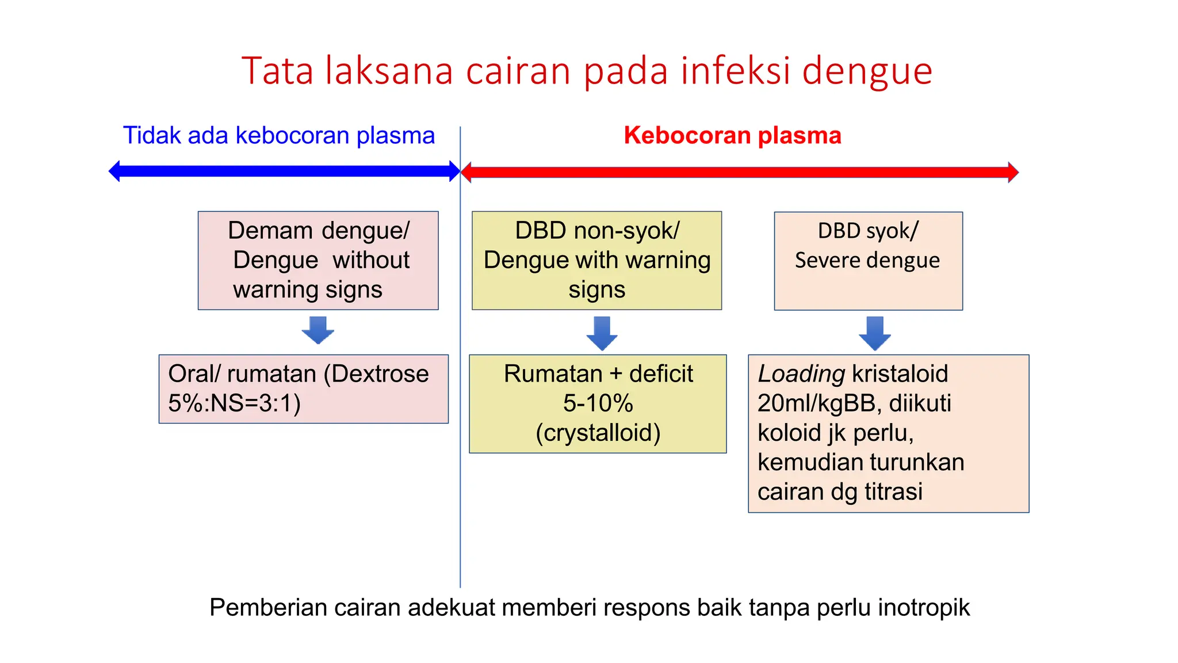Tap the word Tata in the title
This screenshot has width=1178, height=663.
tap(277, 71)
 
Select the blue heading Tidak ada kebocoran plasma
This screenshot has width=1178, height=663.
tap(279, 135)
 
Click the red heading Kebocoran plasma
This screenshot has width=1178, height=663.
tap(732, 135)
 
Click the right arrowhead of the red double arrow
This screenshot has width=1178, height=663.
tap(1013, 172)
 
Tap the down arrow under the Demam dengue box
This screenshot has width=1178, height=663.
tap(318, 330)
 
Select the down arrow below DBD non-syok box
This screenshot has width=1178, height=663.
tap(602, 333)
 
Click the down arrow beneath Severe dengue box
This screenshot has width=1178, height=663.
tap(874, 333)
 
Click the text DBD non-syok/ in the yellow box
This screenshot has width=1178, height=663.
tap(597, 230)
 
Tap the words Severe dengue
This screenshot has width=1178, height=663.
tap(867, 260)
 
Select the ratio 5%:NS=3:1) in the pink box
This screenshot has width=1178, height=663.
tap(234, 403)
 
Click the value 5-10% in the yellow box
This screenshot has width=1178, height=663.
tap(598, 403)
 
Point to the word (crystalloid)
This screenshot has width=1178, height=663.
tap(598, 433)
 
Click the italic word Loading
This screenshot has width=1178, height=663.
tap(801, 374)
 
